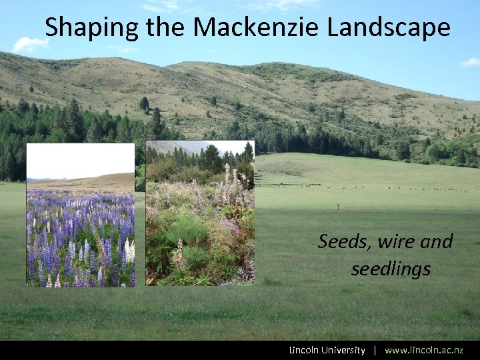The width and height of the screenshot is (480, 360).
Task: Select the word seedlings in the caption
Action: (x=391, y=269)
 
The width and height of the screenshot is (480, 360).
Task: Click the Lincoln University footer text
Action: (x=327, y=350)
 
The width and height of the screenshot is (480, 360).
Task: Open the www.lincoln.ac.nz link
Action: (x=424, y=350)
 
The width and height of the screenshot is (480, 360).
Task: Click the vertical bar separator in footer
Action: (x=375, y=350)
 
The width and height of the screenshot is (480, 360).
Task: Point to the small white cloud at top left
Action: (x=30, y=45)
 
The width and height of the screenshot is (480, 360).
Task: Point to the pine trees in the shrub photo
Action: (x=207, y=160)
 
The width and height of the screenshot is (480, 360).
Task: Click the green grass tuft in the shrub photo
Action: (x=187, y=233)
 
